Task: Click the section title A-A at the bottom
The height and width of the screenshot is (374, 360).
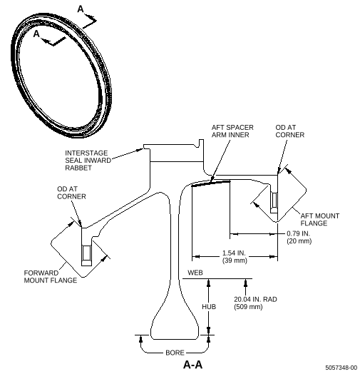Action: (192, 365)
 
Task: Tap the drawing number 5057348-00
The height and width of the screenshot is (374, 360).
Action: (341, 368)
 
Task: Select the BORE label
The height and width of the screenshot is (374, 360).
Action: (175, 353)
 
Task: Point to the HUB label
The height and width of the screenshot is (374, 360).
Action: (209, 306)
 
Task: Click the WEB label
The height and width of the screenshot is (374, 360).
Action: (195, 273)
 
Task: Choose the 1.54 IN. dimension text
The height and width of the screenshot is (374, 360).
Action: (234, 253)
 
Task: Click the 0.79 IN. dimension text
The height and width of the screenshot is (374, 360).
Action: (298, 233)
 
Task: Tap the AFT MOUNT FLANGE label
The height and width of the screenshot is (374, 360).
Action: (320, 220)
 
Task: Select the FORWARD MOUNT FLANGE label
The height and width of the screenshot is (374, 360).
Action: (51, 277)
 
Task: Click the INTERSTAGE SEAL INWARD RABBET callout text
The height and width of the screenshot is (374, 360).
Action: (88, 161)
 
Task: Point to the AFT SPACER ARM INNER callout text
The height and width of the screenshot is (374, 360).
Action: (232, 131)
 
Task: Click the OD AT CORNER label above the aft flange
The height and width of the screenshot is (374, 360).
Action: (290, 131)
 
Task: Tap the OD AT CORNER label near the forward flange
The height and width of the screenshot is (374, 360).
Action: (71, 193)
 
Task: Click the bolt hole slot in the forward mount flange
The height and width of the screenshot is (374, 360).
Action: (86, 253)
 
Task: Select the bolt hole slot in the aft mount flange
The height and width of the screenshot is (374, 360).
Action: (274, 200)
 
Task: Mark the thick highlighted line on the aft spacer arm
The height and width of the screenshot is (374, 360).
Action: (211, 183)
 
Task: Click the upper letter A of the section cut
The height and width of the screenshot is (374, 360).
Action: (81, 9)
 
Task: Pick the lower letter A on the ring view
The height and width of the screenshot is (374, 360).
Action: (36, 34)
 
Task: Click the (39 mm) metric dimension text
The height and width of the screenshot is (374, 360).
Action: (235, 261)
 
